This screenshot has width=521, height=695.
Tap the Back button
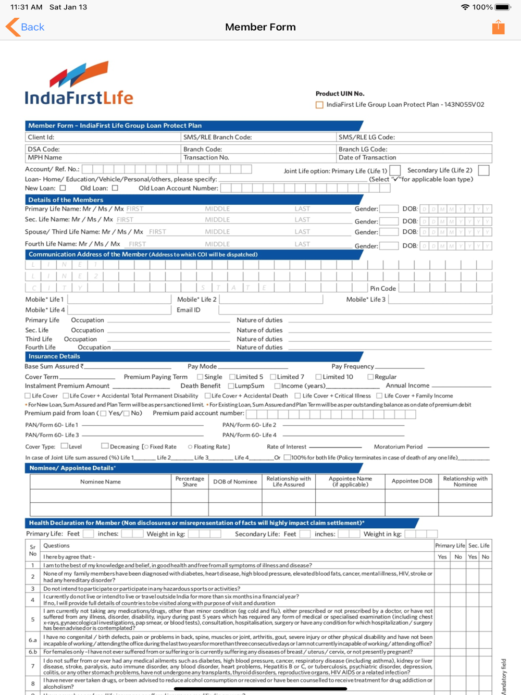tap(25, 27)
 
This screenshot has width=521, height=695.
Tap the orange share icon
tap(498, 27)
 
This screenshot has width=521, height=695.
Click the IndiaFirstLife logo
tap(79, 83)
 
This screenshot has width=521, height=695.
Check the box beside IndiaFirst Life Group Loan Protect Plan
tap(319, 105)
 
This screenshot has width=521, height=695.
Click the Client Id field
tap(103, 138)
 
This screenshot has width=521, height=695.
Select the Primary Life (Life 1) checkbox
tap(395, 170)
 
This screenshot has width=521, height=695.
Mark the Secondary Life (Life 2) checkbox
tap(483, 170)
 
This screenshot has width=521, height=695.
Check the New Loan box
tap(63, 188)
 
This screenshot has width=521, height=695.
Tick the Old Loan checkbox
tap(115, 188)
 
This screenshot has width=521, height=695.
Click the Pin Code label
tap(383, 289)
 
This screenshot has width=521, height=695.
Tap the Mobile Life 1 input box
tap(119, 300)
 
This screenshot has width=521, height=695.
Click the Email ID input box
tap(354, 310)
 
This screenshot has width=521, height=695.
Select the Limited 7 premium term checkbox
tap(273, 377)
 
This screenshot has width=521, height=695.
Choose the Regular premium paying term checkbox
tap(370, 377)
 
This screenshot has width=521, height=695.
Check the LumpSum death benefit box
tap(231, 386)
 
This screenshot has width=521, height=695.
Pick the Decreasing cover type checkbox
tap(105, 446)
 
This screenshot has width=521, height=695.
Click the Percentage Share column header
tap(190, 481)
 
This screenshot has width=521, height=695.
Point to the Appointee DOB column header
tap(412, 481)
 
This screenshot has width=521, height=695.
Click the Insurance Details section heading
tap(54, 356)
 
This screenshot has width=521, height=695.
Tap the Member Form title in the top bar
tap(260, 27)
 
